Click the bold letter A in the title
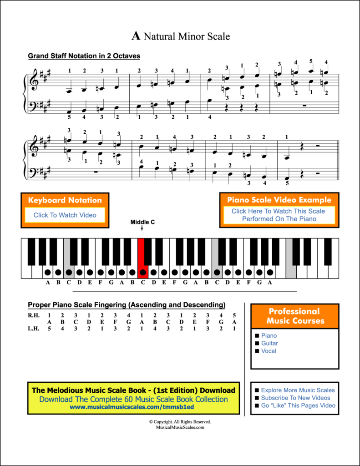[136, 36]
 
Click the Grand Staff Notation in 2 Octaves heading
[84, 56]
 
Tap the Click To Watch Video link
[65, 215]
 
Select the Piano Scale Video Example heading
[279, 200]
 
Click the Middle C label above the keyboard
[142, 222]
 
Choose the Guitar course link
[269, 343]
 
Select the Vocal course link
[269, 351]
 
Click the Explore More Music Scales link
[298, 390]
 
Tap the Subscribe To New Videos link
[295, 398]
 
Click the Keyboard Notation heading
[65, 200]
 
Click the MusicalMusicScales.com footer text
[180, 427]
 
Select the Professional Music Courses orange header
[294, 316]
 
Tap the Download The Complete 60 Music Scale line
[133, 399]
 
